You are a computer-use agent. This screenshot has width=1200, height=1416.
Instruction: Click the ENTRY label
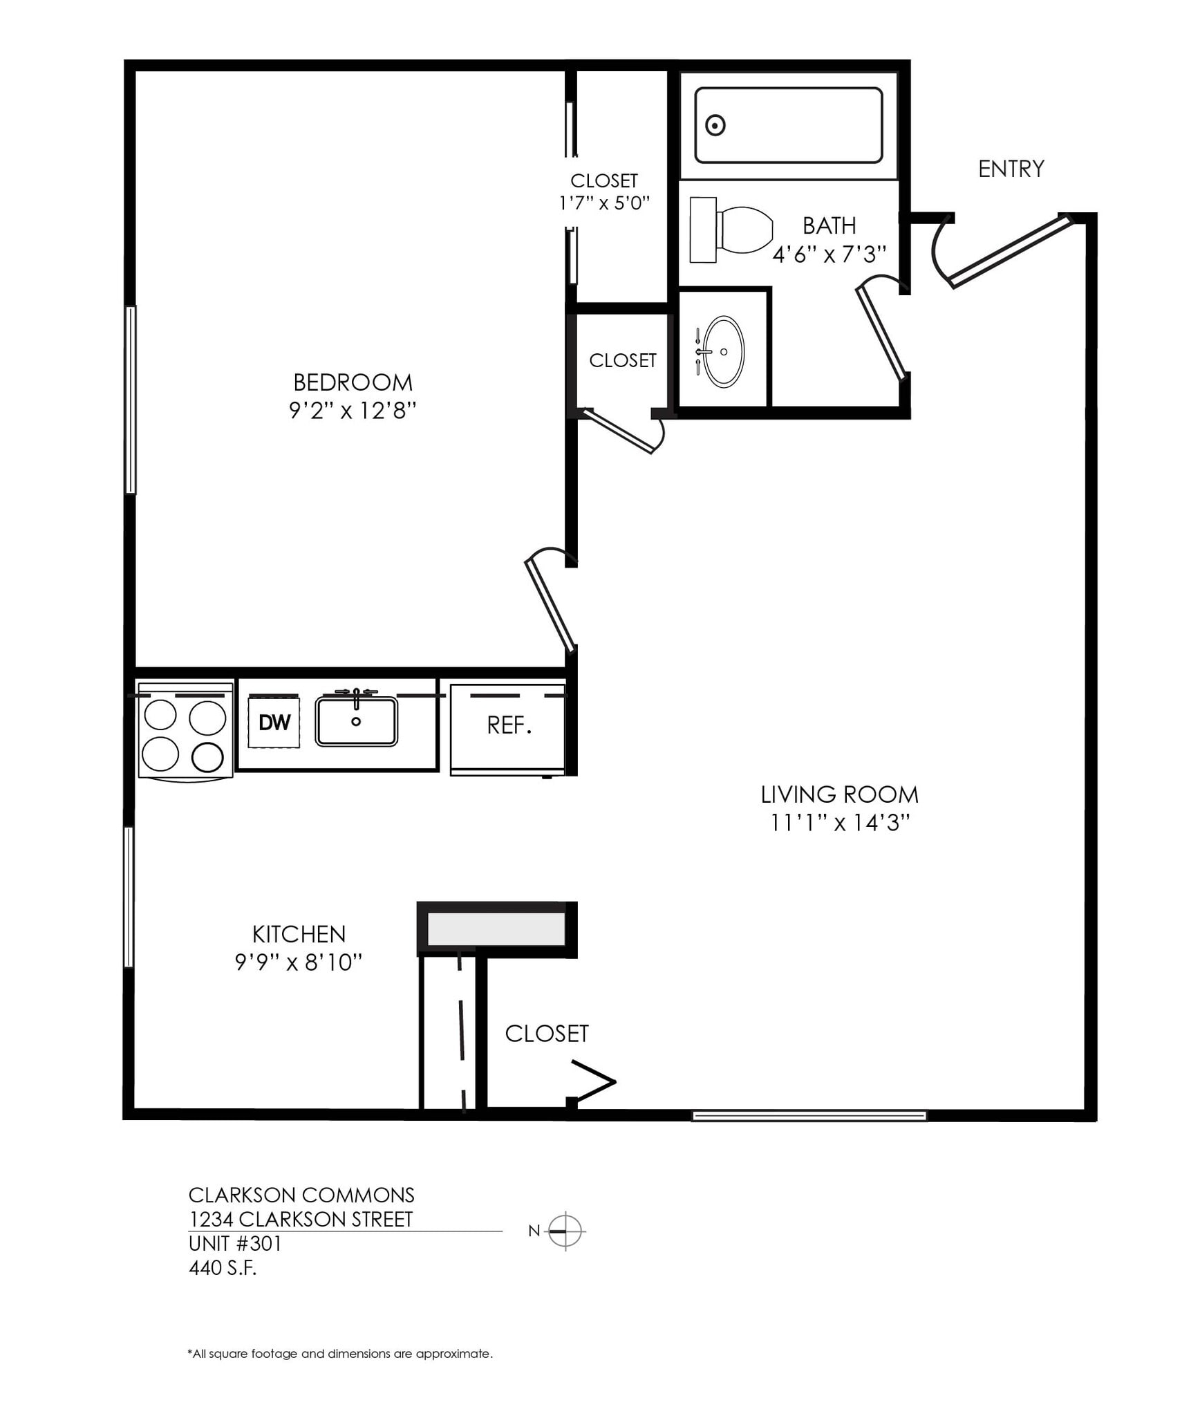(x=1011, y=169)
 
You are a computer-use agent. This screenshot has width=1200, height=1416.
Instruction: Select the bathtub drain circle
(x=715, y=126)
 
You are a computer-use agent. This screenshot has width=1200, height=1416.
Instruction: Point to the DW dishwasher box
(x=274, y=723)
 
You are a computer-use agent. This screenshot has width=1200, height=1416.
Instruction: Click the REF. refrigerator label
(x=509, y=725)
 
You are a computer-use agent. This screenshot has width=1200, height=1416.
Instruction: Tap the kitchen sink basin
(x=356, y=722)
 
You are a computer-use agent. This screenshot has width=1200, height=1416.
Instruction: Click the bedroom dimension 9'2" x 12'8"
(x=353, y=411)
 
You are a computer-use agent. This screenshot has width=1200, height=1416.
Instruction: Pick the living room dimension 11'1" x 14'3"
(x=839, y=823)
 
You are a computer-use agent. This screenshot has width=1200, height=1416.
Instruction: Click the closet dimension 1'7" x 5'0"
(x=604, y=203)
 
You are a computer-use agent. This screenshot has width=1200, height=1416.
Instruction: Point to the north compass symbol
(x=565, y=1231)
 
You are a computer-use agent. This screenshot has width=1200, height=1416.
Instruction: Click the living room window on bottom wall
(x=809, y=1115)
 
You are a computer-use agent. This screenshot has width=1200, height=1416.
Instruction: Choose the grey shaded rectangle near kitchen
(x=496, y=929)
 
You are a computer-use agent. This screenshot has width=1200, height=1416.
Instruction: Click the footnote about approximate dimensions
(x=340, y=1354)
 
